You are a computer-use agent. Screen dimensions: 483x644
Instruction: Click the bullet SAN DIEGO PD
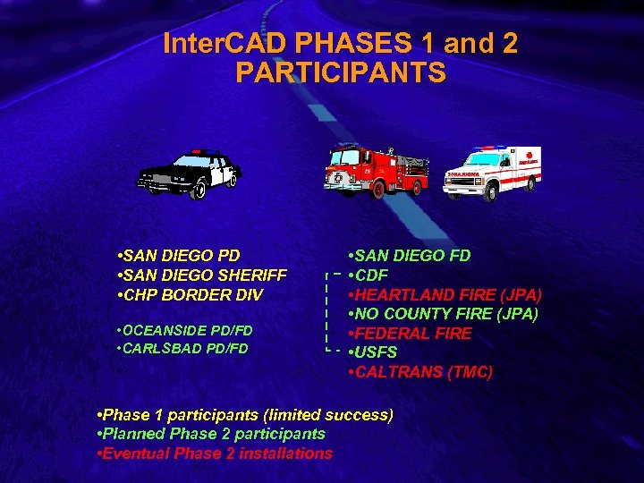(x=179, y=256)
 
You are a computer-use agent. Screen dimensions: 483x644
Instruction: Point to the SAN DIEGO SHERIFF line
(x=202, y=275)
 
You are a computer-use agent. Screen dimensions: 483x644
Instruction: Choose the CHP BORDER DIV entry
(x=190, y=294)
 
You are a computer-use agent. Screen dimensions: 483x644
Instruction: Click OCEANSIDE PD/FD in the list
(x=185, y=331)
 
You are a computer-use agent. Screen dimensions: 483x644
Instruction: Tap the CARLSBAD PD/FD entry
(x=182, y=348)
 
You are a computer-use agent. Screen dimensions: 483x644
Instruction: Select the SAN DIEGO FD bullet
(x=410, y=256)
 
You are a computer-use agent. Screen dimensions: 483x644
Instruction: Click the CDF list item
(x=369, y=275)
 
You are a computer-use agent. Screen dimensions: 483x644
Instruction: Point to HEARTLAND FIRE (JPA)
(x=445, y=294)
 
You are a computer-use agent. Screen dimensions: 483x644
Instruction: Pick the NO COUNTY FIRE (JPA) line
(x=444, y=314)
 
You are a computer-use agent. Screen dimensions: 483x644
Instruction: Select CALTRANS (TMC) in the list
(x=420, y=372)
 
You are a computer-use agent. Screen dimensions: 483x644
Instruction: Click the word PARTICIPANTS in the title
(x=340, y=72)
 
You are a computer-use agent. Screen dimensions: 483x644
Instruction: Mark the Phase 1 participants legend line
(x=243, y=415)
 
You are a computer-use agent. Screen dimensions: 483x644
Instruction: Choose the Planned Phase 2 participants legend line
(x=210, y=434)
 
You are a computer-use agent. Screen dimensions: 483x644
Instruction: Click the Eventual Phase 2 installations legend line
(x=214, y=453)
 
